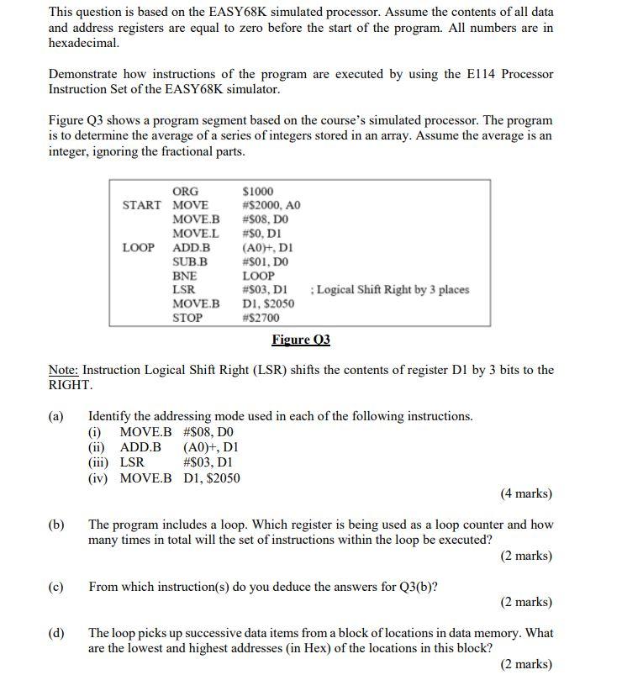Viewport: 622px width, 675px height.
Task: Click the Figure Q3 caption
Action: (x=301, y=340)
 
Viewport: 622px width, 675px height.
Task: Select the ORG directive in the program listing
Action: (x=185, y=191)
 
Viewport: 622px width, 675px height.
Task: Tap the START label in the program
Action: (x=141, y=205)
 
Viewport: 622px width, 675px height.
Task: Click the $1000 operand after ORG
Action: (x=257, y=191)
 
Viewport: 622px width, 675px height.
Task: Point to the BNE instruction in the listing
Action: (x=184, y=275)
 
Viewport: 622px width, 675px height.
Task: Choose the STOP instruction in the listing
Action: (x=187, y=318)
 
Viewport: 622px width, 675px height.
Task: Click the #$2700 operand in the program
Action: (x=261, y=318)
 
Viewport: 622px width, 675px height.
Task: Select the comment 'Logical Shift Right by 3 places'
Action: (x=390, y=289)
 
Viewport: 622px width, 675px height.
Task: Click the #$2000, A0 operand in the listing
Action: (x=271, y=205)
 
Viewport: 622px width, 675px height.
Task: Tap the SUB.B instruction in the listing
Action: (x=190, y=261)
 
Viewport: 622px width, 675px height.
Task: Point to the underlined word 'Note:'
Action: (x=63, y=370)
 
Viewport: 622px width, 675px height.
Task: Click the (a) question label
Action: (x=56, y=416)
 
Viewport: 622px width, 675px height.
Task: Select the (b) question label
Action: (x=56, y=525)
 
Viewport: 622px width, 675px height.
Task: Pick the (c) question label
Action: (x=56, y=587)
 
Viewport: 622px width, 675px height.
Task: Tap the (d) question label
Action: (x=56, y=633)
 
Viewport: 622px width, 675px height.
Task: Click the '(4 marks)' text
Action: (x=526, y=493)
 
